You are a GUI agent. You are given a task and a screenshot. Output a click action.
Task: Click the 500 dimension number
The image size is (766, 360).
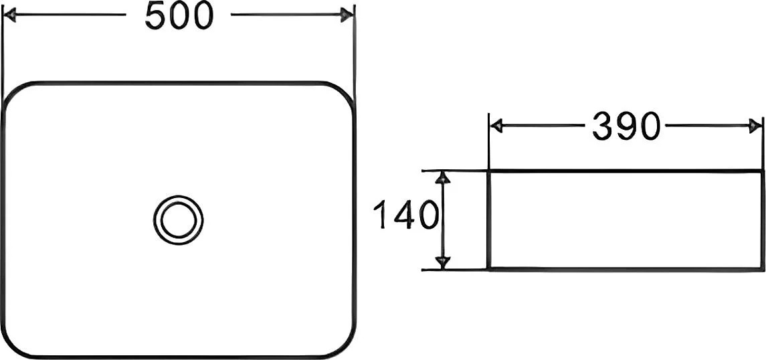click(179, 15)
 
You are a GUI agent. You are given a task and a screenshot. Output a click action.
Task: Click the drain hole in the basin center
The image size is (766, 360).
click(178, 219)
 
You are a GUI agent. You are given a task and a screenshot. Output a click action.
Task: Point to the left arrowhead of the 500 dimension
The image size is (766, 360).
click(10, 15)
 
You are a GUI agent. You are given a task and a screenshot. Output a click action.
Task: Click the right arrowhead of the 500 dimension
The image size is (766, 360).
click(347, 15)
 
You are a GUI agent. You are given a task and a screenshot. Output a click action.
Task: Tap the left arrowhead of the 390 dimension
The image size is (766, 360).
click(496, 126)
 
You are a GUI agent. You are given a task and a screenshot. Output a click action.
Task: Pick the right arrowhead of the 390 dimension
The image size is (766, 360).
click(755, 126)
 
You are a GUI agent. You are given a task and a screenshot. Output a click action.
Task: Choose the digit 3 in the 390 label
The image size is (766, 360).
click(602, 126)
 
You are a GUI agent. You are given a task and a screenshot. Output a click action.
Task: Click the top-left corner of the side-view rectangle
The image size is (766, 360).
click(489, 171)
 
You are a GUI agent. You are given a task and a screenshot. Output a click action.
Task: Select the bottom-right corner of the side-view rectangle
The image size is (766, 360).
click(761, 268)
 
